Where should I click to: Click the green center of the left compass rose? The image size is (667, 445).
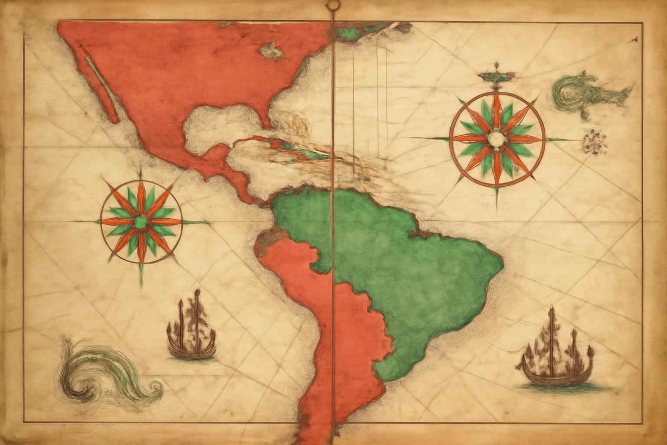click(x=141, y=222)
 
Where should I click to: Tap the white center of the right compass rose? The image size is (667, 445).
click(x=496, y=139)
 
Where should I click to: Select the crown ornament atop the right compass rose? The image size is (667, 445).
click(x=496, y=75)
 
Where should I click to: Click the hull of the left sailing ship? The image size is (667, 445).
click(x=191, y=351)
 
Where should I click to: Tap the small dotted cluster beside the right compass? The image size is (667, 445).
click(x=594, y=142)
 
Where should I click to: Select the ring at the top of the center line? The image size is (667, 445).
click(x=333, y=6)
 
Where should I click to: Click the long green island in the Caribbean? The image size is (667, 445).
click(x=303, y=151)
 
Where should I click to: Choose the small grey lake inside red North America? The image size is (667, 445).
click(x=272, y=52)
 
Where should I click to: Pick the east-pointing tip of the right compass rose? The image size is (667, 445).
click(x=578, y=139)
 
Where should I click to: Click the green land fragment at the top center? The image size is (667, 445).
click(x=349, y=34)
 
